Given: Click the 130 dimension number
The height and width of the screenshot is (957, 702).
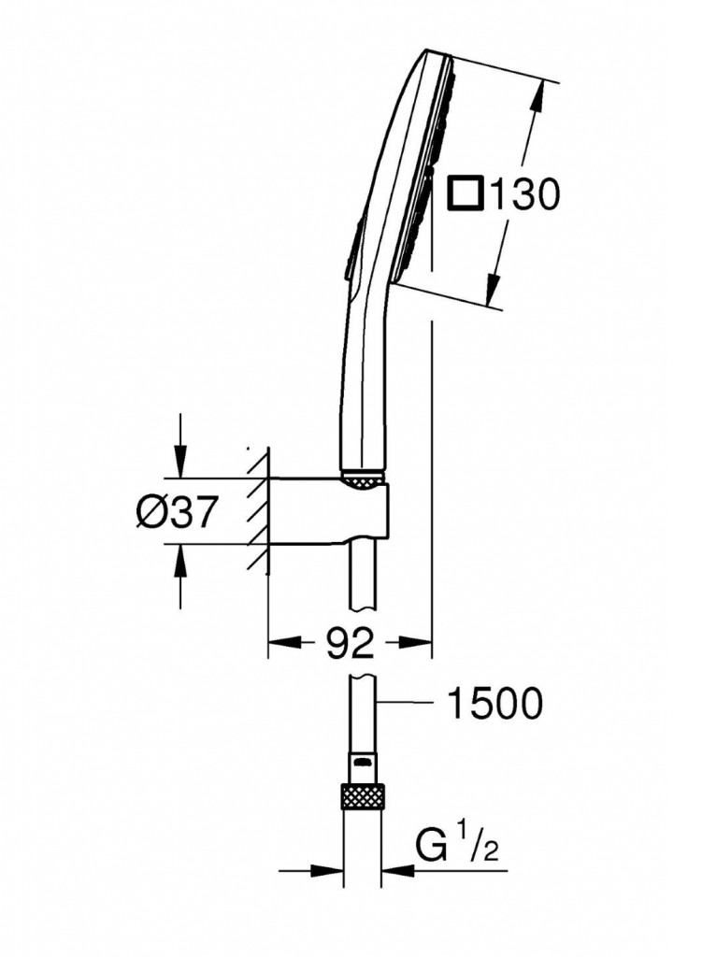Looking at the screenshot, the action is tap(524, 194).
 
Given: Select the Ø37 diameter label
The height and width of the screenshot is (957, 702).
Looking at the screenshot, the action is tap(178, 511).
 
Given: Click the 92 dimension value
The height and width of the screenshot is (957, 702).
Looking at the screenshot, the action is tap(350, 642).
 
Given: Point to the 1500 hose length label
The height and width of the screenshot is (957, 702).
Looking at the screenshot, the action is tap(495, 704).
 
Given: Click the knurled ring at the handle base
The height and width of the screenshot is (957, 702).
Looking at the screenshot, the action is tap(363, 479).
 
